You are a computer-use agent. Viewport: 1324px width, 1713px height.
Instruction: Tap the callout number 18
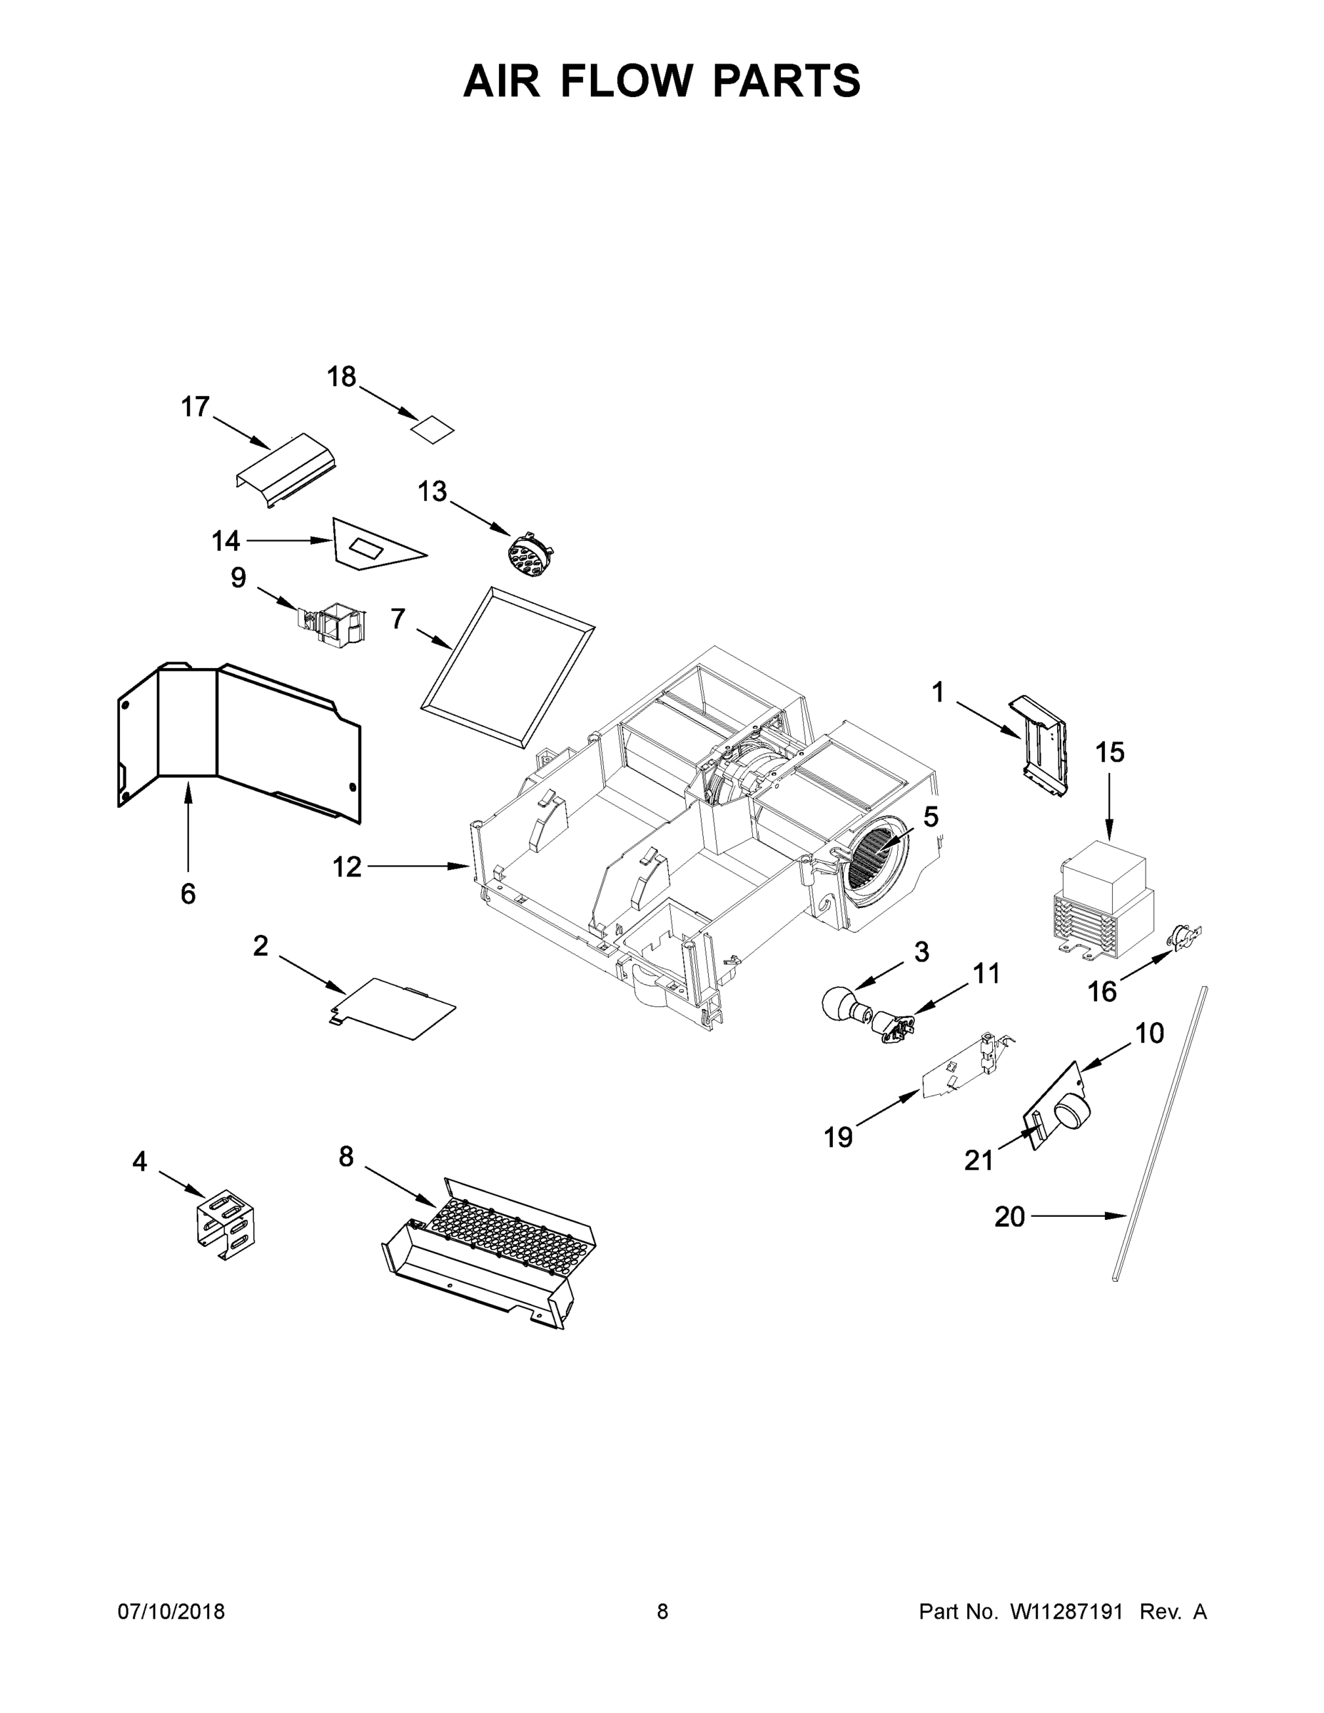click(341, 378)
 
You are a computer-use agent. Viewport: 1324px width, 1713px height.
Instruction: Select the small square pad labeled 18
click(434, 430)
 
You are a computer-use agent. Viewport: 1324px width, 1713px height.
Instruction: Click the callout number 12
click(347, 866)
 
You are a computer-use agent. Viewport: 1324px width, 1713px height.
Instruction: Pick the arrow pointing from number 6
click(188, 824)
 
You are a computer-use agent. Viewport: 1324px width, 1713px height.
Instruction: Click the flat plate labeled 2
click(396, 1009)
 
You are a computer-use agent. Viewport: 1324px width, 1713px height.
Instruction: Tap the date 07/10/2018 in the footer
click(171, 1612)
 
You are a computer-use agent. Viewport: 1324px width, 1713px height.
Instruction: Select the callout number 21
click(978, 1160)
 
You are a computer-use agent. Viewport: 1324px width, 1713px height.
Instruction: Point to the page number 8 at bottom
click(662, 1612)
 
